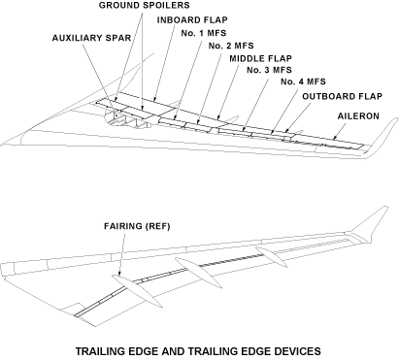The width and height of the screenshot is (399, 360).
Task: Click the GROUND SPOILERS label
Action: click(x=144, y=6)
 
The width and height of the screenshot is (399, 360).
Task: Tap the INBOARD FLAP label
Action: click(x=192, y=20)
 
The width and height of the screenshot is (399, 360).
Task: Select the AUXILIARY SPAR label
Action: click(x=91, y=38)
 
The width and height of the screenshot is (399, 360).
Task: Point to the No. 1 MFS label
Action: click(x=204, y=33)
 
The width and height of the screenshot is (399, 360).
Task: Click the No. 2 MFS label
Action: click(x=231, y=46)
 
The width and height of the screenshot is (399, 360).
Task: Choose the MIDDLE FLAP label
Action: click(x=260, y=58)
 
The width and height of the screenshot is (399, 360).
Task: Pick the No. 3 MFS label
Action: click(x=269, y=70)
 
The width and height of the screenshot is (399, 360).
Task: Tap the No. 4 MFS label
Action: click(x=303, y=82)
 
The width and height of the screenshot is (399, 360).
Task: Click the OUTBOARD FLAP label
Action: click(x=343, y=96)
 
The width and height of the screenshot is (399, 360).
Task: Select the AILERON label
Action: click(x=358, y=116)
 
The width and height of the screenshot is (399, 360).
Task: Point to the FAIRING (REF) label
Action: click(x=137, y=226)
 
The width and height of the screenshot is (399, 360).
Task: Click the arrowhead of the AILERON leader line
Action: click(x=334, y=138)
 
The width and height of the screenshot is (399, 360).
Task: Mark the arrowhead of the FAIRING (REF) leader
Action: click(x=119, y=274)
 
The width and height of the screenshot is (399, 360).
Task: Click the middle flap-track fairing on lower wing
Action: click(x=198, y=273)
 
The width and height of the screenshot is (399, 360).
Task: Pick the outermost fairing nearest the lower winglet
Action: click(x=271, y=257)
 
